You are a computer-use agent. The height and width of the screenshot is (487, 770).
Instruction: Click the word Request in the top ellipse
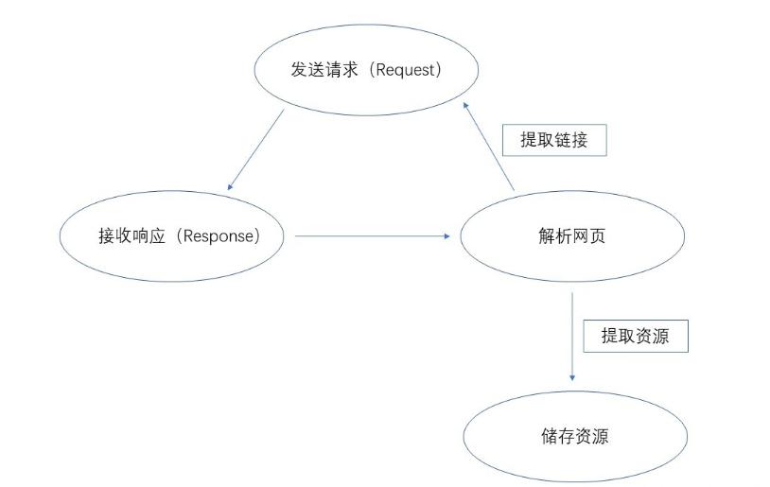click(406, 70)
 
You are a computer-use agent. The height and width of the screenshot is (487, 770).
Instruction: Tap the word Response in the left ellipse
click(219, 236)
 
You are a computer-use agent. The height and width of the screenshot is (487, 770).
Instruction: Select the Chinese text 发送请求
click(324, 69)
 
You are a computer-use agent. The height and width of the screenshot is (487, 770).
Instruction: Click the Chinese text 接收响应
click(131, 235)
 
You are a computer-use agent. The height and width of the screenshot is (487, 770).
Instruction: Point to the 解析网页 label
click(572, 236)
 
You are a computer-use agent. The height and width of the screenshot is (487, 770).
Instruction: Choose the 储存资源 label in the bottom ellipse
click(575, 436)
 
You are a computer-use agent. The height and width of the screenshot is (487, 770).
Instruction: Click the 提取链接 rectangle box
click(554, 140)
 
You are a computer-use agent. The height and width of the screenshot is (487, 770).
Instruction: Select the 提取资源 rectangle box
click(636, 337)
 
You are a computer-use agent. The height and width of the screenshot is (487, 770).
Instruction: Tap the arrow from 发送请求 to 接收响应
click(255, 149)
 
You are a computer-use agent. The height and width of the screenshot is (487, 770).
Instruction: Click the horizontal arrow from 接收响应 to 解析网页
click(373, 236)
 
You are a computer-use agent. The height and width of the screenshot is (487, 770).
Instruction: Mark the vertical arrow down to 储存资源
click(572, 337)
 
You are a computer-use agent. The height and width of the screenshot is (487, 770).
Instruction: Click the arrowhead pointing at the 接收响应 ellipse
click(229, 187)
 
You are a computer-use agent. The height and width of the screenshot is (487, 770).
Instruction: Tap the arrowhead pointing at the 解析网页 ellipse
click(446, 236)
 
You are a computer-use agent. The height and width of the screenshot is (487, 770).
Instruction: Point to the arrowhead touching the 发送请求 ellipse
click(465, 105)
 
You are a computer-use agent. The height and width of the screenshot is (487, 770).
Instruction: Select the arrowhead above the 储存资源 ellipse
click(572, 378)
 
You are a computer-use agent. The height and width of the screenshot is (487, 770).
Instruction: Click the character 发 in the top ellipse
click(299, 69)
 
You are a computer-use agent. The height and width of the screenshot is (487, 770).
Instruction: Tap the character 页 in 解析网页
click(598, 236)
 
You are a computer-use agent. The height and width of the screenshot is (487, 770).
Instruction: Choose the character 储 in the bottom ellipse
click(550, 436)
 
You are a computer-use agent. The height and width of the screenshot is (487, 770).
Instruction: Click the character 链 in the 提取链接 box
click(563, 140)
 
